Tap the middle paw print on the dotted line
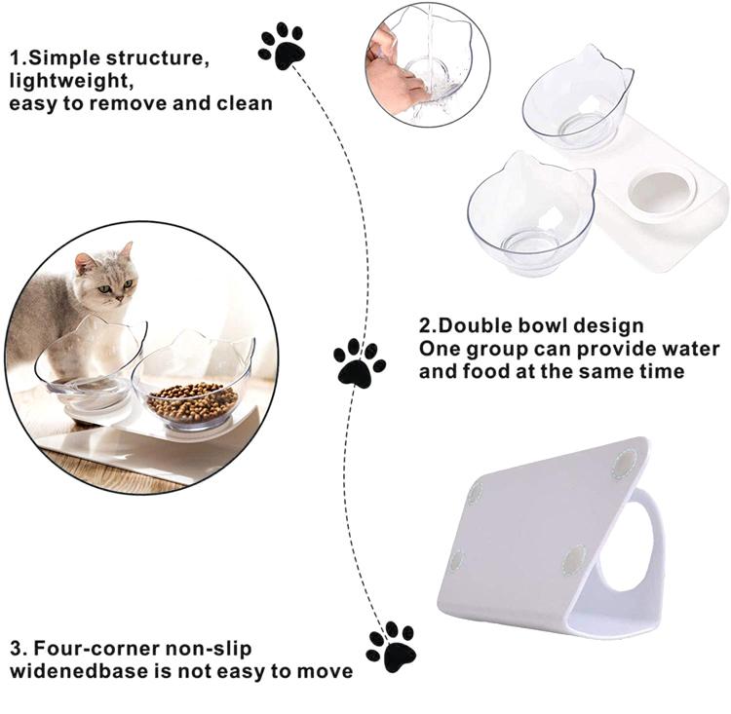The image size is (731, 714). click(359, 362)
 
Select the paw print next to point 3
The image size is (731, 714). click(391, 645)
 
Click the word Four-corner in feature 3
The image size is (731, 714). click(96, 647)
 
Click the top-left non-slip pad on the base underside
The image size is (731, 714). click(475, 492)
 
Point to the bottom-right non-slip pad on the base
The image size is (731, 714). click(574, 558)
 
